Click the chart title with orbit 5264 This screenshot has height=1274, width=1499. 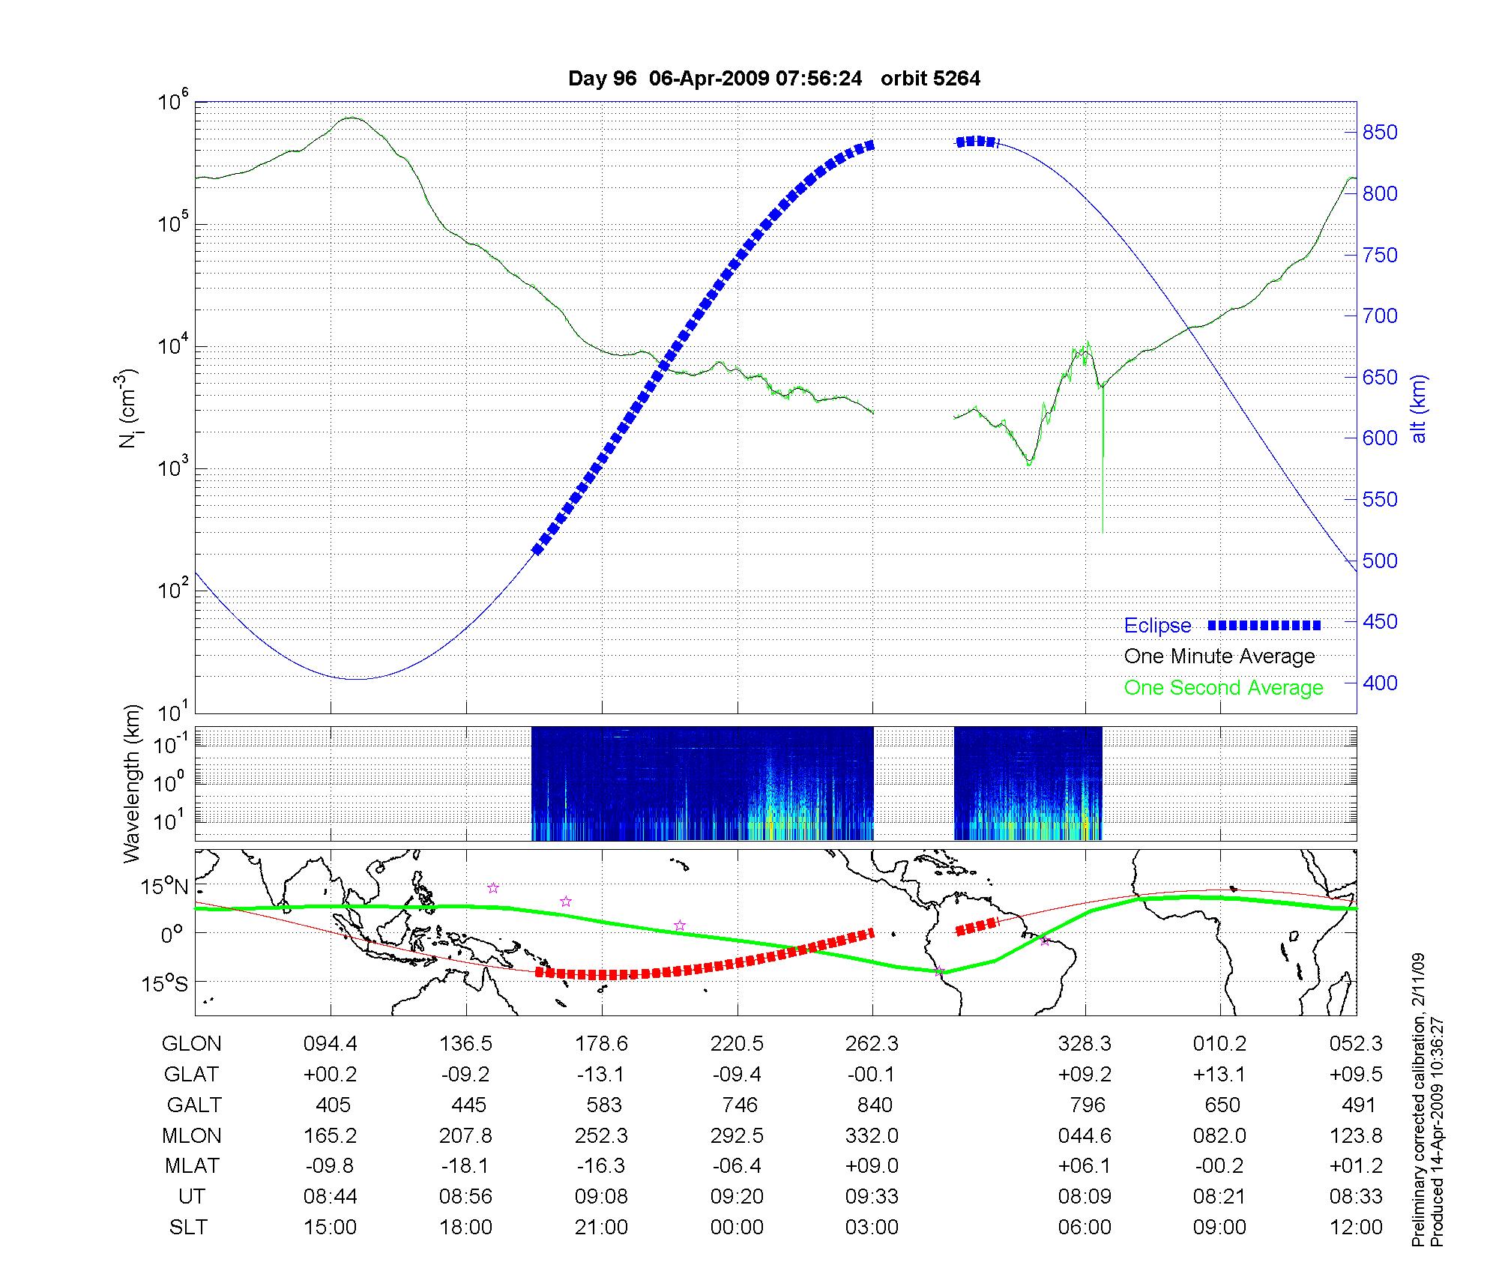coord(773,79)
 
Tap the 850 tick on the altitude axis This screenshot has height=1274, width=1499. coord(1379,133)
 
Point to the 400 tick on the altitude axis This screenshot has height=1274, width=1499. coord(1379,683)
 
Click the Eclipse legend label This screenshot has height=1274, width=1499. coord(1157,626)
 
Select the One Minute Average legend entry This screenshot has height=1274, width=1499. coord(1219,656)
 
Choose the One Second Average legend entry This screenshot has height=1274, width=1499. coord(1223,688)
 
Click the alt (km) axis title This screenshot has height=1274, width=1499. coord(1419,408)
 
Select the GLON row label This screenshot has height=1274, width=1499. coord(191,1044)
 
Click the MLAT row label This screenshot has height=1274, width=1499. coord(192,1167)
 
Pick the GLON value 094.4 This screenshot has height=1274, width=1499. coord(330,1044)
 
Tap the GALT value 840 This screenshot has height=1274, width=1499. coord(874,1105)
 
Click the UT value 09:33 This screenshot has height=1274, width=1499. coord(872,1197)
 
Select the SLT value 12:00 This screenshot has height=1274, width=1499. coord(1356,1228)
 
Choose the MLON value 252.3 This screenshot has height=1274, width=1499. coord(601,1136)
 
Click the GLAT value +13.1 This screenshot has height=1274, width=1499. coord(1219,1075)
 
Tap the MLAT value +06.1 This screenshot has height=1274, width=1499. coord(1084,1167)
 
